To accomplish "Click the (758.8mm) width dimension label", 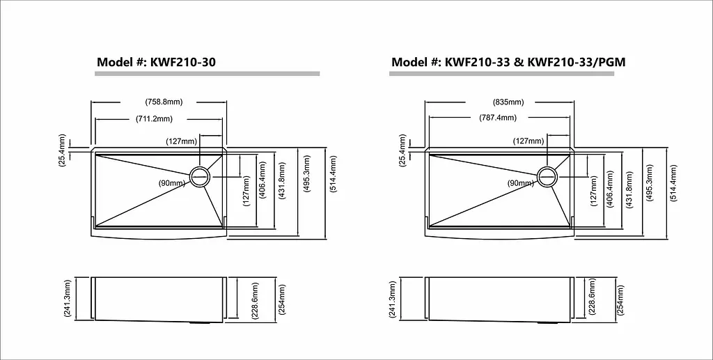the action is tap(164, 102).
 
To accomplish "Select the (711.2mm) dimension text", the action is tap(154, 119).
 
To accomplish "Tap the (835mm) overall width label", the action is tap(508, 102).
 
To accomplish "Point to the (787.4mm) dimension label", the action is tap(497, 118).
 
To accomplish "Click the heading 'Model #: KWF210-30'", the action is tap(157, 62).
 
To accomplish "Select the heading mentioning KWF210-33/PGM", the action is tap(508, 62).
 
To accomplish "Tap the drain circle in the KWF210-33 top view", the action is tap(547, 176).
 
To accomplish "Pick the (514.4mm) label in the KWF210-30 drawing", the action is tap(334, 174).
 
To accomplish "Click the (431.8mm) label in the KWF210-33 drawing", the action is tap(629, 189).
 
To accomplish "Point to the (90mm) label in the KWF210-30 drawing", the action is tap(172, 183).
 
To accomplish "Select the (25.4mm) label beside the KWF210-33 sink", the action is tap(402, 150).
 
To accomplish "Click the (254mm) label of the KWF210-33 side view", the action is tap(620, 300).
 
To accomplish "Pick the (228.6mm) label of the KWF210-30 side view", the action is tap(255, 301).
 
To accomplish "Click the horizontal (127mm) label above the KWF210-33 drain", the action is tap(528, 141).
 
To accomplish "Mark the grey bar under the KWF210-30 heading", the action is tap(207, 74).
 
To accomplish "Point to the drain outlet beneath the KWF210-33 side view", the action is tap(544, 322).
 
